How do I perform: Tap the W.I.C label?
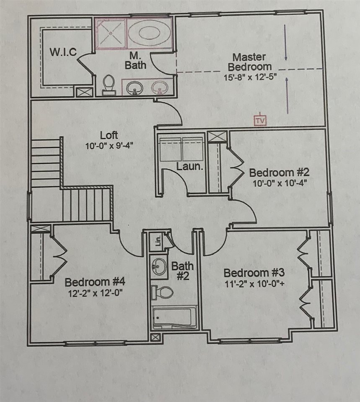point(63,53)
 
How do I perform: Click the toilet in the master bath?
point(109,83)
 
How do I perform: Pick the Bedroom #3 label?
point(254,273)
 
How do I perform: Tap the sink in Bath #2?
point(159,265)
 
